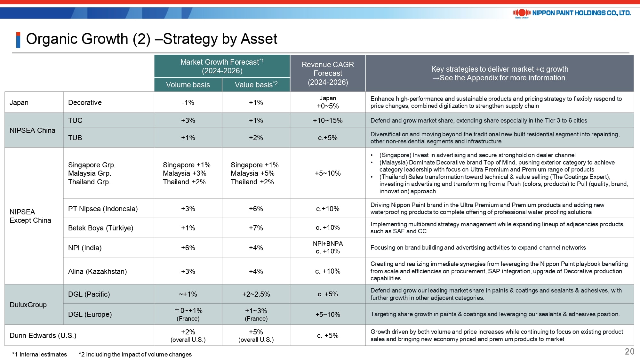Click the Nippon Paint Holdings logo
[572, 13]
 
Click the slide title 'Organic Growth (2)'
[88, 39]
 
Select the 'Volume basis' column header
[188, 85]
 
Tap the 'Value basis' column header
[256, 84]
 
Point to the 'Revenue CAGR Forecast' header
[328, 73]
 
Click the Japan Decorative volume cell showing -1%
[188, 102]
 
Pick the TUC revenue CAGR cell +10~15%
[328, 120]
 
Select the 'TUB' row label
[75, 138]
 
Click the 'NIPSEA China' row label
[32, 130]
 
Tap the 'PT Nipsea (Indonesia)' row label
[103, 209]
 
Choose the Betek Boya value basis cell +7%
[256, 228]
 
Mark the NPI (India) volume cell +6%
[188, 248]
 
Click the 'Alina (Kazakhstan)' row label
[97, 271]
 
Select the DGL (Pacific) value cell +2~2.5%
[256, 294]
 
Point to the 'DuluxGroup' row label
[28, 305]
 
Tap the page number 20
[629, 351]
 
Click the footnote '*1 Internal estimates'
[39, 354]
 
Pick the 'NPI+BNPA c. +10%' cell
[328, 247]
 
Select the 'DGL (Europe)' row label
[90, 314]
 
